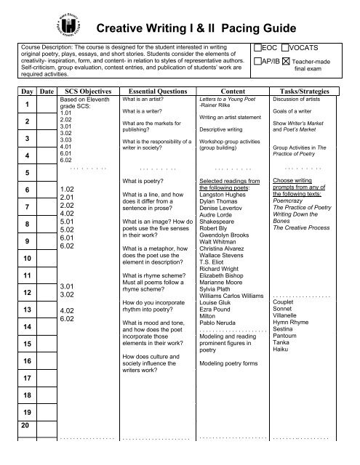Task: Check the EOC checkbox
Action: coord(258,46)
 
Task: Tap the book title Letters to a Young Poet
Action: coord(231,97)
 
